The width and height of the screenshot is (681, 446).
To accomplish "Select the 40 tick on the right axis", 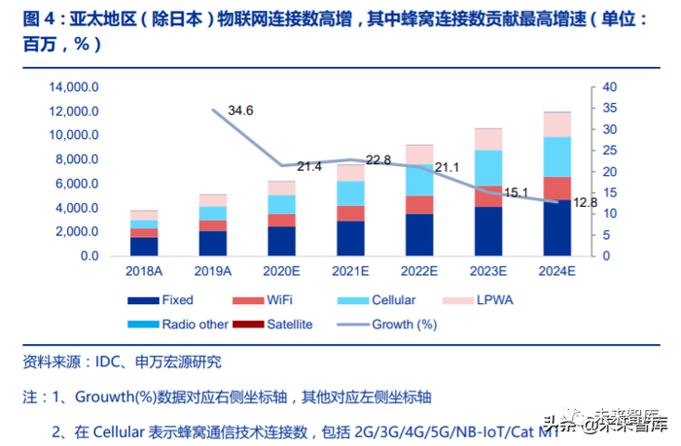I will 609,87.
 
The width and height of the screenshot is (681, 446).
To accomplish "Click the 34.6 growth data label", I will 240,111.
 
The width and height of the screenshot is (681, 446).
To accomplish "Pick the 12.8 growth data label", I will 583,202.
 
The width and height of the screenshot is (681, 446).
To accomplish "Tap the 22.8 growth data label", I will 379,160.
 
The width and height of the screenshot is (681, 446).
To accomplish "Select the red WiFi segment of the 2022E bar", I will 419,205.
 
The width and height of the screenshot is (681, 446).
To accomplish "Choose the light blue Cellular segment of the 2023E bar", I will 488,168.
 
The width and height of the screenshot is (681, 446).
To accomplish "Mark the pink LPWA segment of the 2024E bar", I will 556,124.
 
